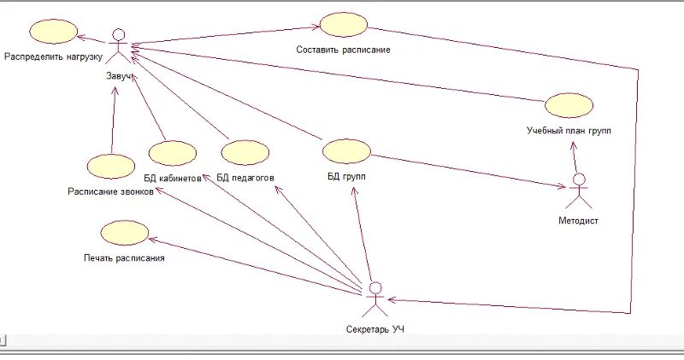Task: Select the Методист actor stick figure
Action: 580,191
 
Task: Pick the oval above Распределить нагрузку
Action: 53,32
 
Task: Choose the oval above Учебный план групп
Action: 569,105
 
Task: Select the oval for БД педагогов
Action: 245,153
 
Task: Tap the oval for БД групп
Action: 347,151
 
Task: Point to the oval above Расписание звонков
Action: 110,167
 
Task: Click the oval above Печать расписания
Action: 124,232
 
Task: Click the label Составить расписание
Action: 343,50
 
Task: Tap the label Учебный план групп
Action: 569,131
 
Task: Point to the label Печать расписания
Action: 124,257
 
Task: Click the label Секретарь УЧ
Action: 375,329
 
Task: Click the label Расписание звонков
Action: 111,192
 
